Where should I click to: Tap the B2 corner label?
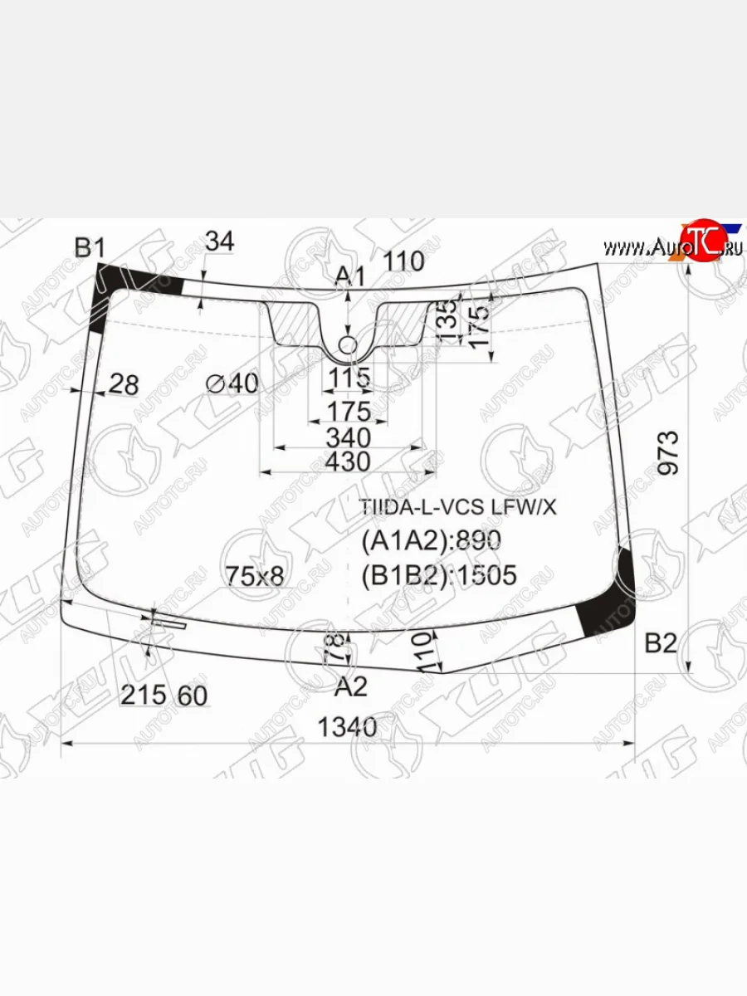662,642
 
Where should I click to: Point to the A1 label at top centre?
349,277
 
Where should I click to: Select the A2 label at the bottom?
350,686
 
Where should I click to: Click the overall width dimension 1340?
348,727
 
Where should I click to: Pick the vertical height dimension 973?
669,452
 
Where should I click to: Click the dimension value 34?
219,242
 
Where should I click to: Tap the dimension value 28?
124,384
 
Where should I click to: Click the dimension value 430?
348,461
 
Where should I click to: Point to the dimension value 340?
348,437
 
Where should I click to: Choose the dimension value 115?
348,378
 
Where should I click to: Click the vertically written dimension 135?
447,317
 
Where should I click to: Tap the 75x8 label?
255,575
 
